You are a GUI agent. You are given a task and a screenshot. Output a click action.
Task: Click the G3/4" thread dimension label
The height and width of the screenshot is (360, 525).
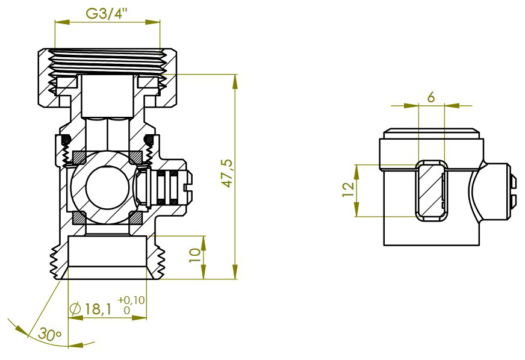(107, 13)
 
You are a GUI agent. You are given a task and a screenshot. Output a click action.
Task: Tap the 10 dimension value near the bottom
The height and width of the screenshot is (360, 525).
(194, 255)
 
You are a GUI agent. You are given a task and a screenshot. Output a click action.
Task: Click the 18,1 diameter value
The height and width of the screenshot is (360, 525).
(98, 309)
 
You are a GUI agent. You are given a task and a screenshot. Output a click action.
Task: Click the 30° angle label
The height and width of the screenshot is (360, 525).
(50, 333)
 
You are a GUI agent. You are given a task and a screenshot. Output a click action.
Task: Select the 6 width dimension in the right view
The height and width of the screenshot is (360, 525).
(430, 97)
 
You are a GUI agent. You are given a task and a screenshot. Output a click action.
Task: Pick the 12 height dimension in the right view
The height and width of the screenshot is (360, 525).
(347, 190)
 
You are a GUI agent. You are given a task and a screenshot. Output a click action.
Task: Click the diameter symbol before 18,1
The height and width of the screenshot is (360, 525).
(75, 309)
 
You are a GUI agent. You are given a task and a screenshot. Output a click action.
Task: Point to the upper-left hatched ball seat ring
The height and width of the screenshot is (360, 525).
(79, 157)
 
